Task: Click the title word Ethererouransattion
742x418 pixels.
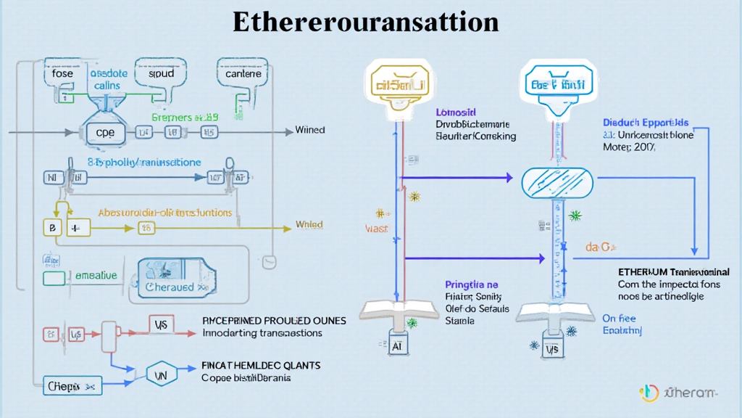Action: click(x=365, y=22)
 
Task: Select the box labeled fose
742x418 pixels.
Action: click(x=63, y=74)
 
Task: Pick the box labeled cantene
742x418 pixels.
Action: click(x=243, y=74)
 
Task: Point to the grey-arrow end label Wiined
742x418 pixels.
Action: click(x=310, y=131)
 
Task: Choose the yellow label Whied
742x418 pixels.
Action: click(x=309, y=225)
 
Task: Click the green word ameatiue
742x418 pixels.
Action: click(x=96, y=276)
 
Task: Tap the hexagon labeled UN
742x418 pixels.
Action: click(x=162, y=374)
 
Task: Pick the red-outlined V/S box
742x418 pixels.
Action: click(x=161, y=326)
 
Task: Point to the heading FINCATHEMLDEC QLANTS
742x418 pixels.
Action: click(x=260, y=366)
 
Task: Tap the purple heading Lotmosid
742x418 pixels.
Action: click(x=456, y=112)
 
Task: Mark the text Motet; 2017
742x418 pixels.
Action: click(x=629, y=147)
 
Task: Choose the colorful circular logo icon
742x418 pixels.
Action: click(x=649, y=393)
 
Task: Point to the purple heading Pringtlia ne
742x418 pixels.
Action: click(x=472, y=285)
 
